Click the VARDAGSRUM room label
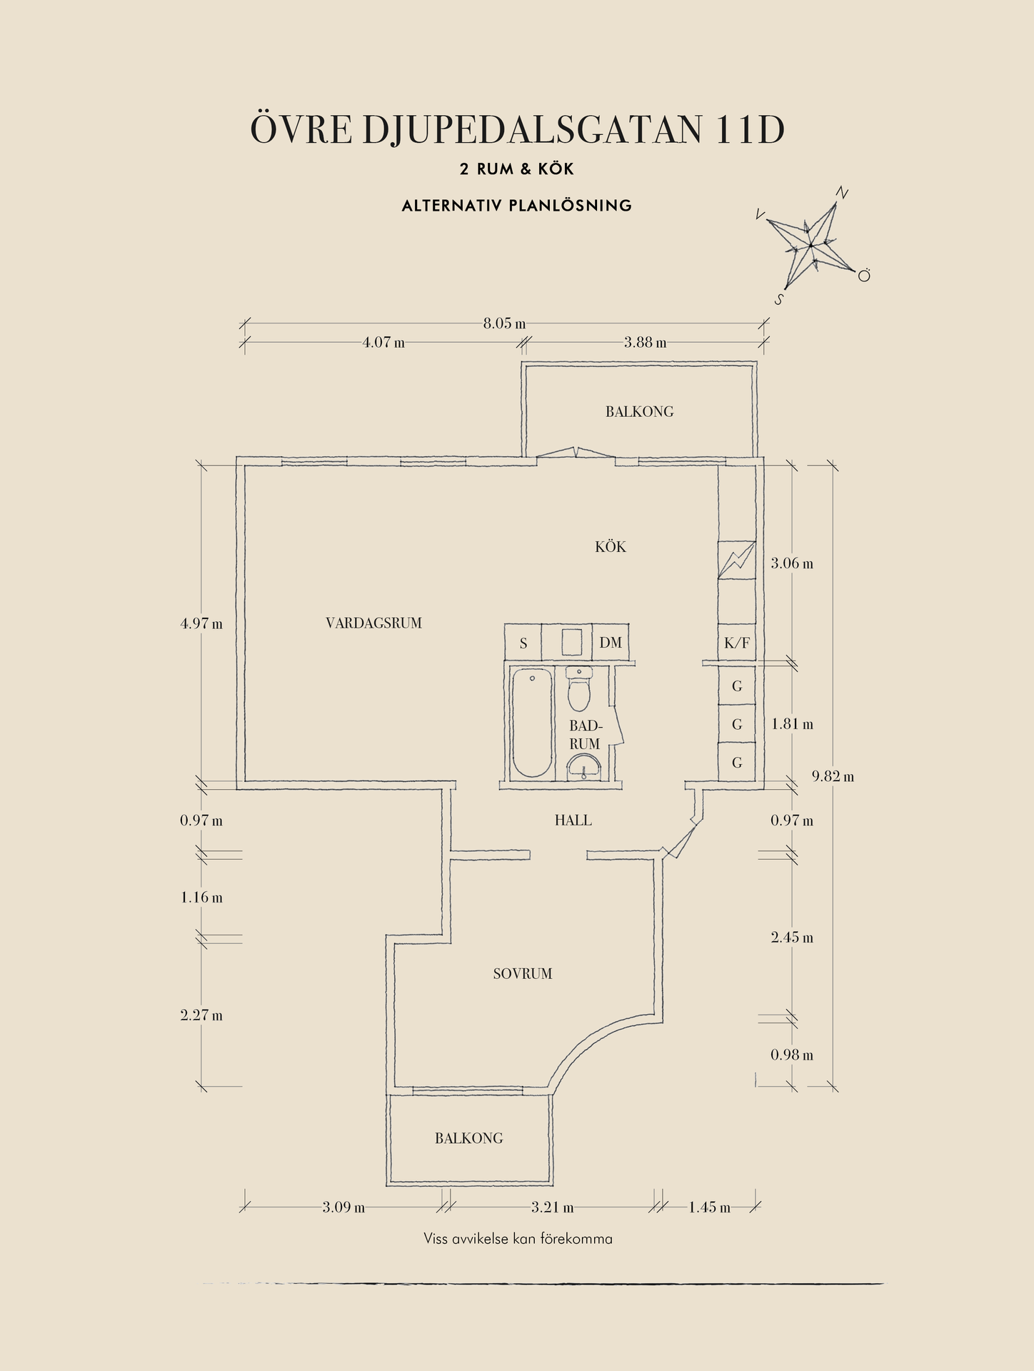373,623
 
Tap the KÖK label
611,547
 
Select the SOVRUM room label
523,974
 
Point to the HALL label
573,820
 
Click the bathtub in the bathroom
532,723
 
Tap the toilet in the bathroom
579,691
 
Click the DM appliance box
611,643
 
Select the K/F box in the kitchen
737,643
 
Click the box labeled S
523,643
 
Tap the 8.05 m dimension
504,323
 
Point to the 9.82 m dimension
833,776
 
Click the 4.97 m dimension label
201,623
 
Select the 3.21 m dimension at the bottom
552,1207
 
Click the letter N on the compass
842,193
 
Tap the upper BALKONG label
639,412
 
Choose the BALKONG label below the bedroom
469,1138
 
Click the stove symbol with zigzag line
736,560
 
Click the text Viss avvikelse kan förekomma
518,1239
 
